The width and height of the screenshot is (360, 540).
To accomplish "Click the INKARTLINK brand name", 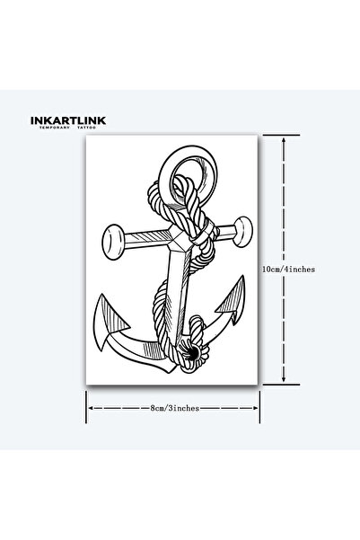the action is tap(68, 120).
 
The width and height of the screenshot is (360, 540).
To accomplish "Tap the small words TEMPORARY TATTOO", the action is tap(68, 128).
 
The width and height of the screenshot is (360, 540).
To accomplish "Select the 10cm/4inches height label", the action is tap(288, 270).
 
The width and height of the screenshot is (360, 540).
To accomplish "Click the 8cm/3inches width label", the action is tap(174, 408).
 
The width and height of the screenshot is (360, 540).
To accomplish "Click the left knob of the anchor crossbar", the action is tap(113, 242).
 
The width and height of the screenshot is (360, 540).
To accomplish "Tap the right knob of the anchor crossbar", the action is tap(243, 232).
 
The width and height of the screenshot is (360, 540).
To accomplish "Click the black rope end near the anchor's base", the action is tap(191, 352).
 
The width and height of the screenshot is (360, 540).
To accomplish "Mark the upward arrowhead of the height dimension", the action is tap(284, 140).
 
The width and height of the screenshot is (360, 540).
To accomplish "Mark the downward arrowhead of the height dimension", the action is tap(284, 378).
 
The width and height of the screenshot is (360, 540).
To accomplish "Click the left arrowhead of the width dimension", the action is tap(91, 408).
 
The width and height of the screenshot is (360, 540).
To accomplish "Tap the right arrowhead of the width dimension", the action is tap(255, 408).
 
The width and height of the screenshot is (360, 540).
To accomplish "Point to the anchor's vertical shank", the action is tap(179, 297).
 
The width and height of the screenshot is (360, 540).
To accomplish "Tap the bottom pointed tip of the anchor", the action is tap(170, 371).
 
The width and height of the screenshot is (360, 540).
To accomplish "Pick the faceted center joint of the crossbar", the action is tap(179, 238).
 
